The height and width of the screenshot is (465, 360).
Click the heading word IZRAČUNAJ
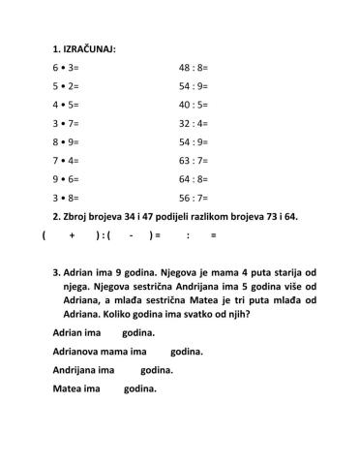[x=89, y=47]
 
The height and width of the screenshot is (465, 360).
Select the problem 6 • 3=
[x=67, y=69]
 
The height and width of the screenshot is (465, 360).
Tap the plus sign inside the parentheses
[x=73, y=235]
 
